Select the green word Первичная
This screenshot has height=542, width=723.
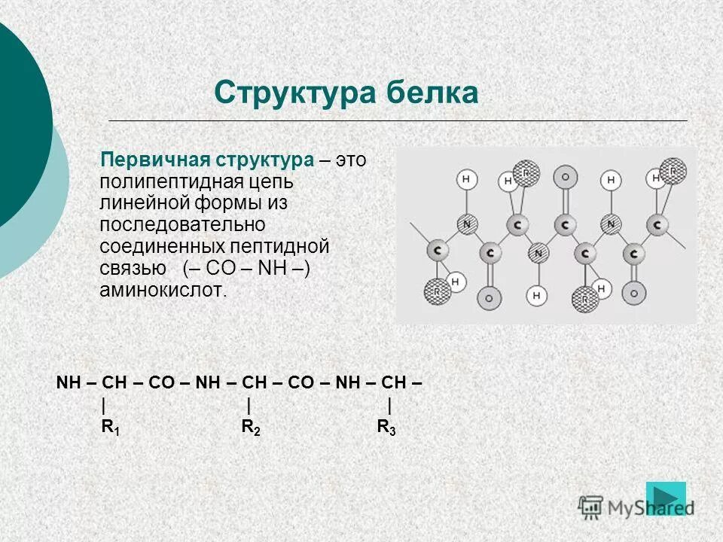point(154,160)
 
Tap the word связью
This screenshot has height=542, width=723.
point(133,269)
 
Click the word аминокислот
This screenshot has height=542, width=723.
point(163,291)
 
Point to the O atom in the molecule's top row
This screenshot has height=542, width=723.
point(565,178)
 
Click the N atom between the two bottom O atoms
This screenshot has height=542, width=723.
point(538,253)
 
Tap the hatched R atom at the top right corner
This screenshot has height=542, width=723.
point(673,170)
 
